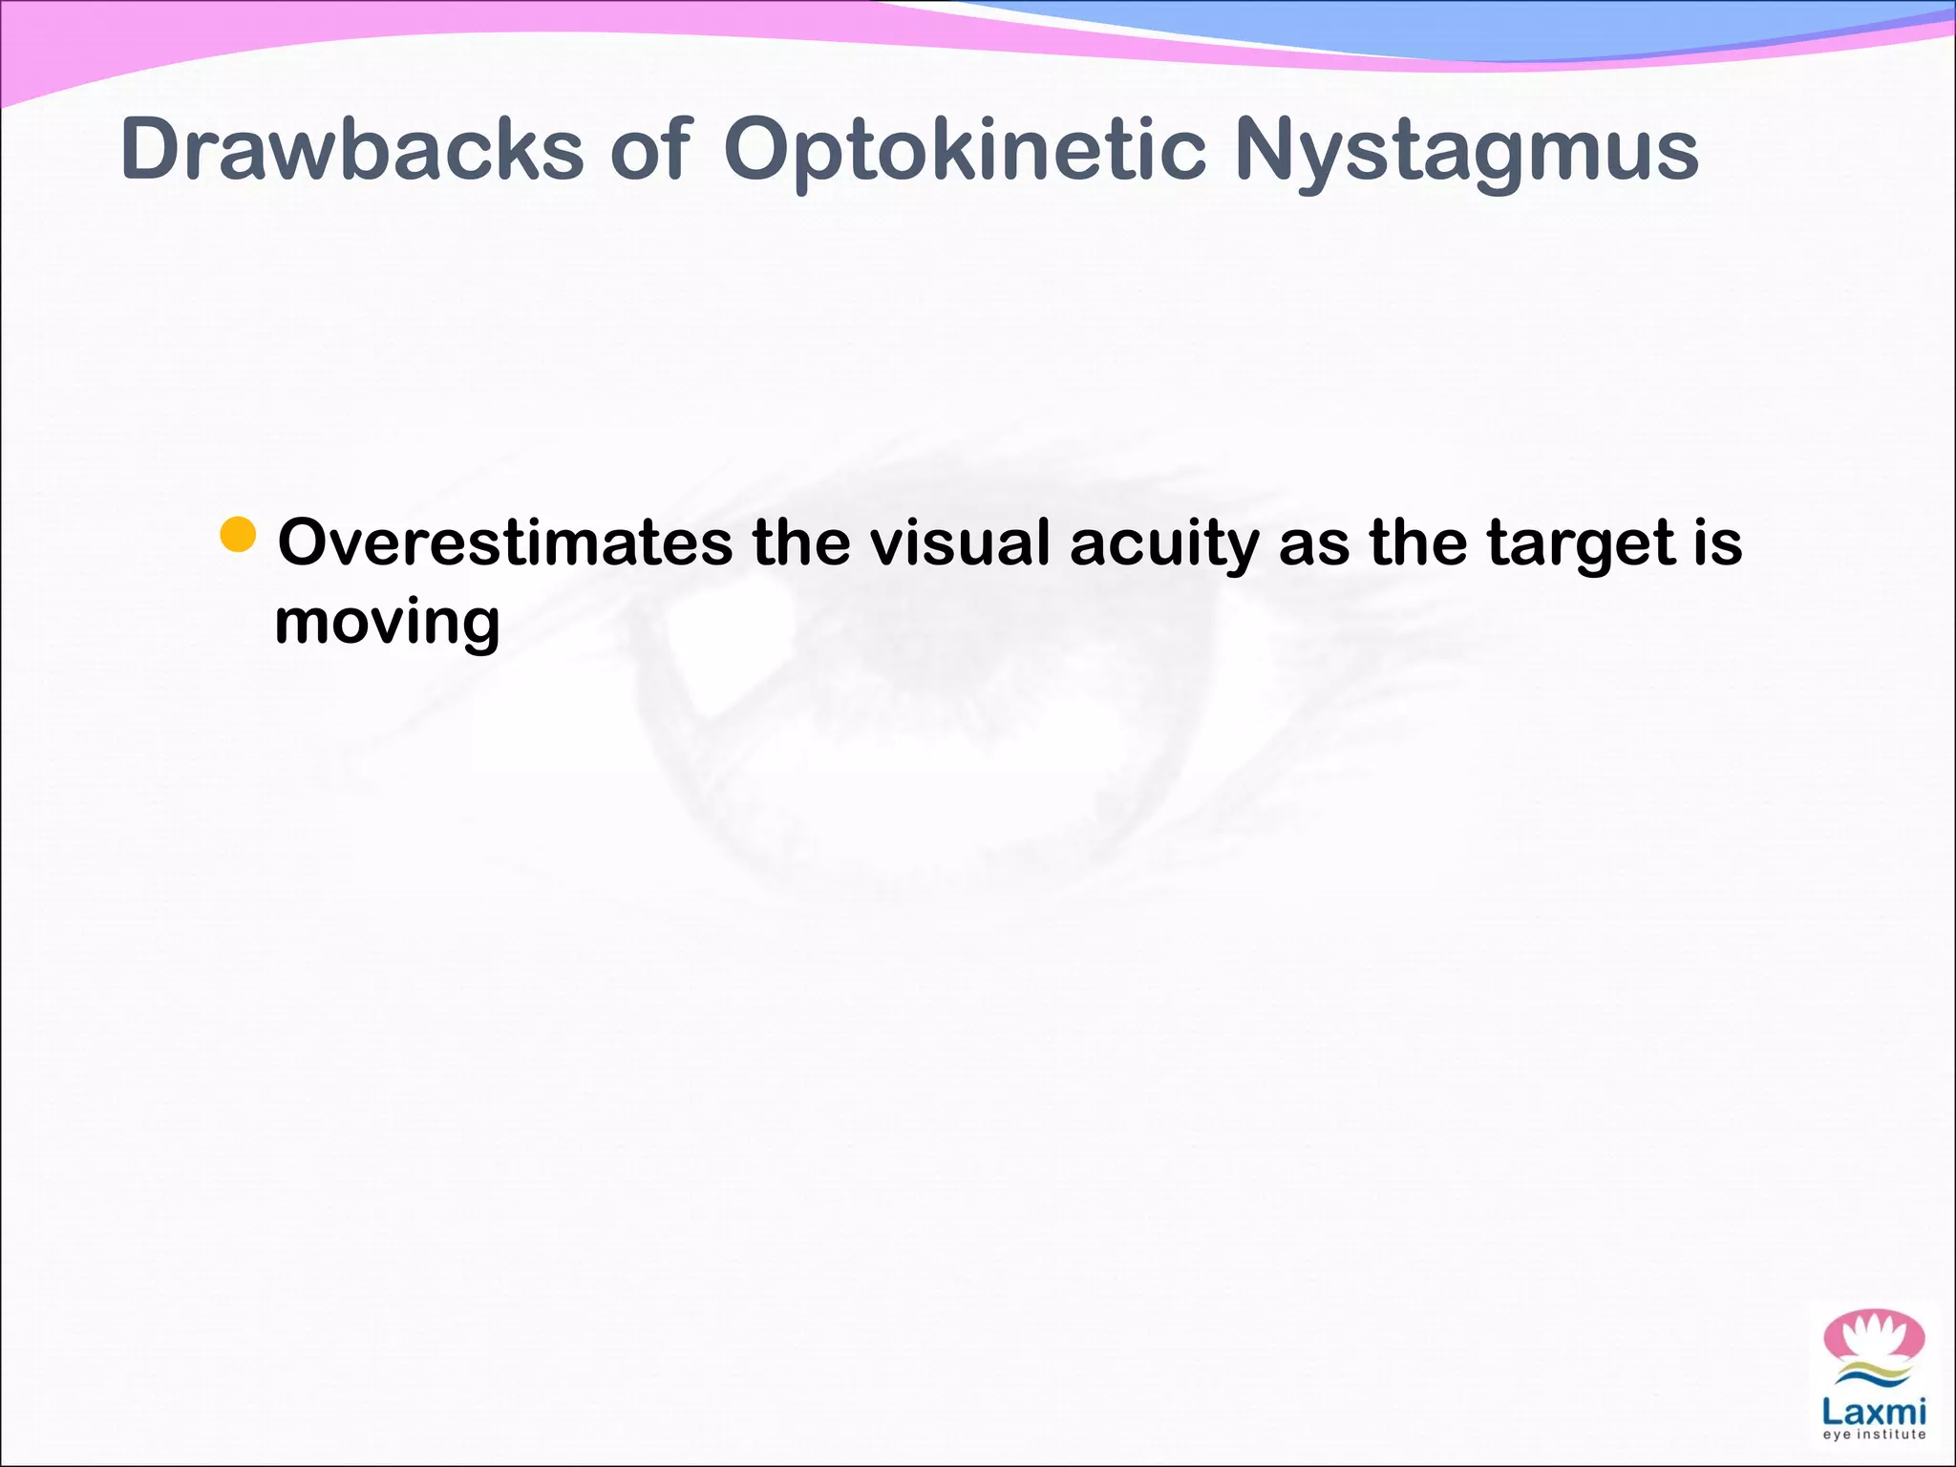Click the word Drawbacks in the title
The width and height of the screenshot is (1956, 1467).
click(x=351, y=149)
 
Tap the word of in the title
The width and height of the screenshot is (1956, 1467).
click(x=649, y=149)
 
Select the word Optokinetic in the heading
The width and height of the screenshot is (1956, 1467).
click(x=965, y=151)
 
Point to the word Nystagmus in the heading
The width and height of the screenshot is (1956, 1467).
click(x=1466, y=151)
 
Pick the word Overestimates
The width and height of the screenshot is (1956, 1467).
click(x=504, y=542)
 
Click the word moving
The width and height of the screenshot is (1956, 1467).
click(x=387, y=623)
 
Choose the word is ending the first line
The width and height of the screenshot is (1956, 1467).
click(x=1718, y=542)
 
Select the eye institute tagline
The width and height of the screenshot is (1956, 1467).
click(x=1874, y=1435)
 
